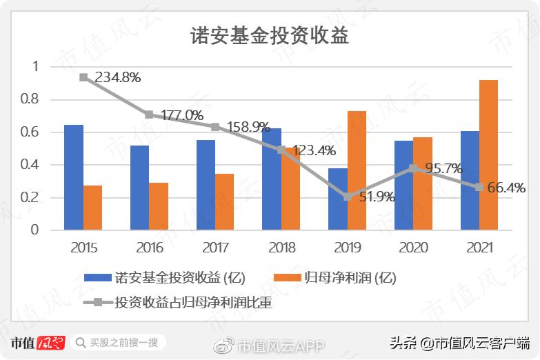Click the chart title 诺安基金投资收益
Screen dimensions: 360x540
point(270,37)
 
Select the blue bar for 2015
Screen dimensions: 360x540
point(74,177)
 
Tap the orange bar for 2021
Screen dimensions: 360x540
point(488,155)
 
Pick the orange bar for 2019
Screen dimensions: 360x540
point(357,170)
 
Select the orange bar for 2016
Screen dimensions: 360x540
point(159,206)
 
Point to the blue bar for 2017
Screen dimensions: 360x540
point(206,185)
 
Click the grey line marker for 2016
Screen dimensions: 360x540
point(149,114)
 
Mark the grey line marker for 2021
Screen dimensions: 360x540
point(479,187)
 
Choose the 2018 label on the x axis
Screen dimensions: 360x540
point(281,248)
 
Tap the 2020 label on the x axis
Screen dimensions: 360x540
point(412,248)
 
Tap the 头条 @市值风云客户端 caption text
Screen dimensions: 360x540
point(459,342)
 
